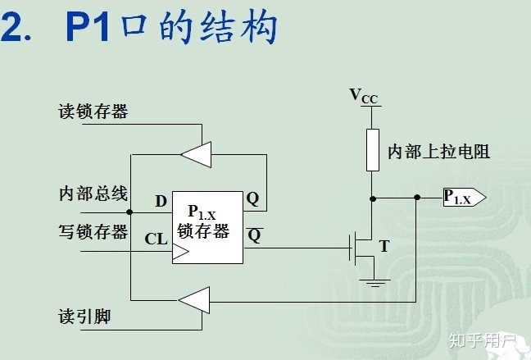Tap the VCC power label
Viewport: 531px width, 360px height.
pyautogui.click(x=364, y=97)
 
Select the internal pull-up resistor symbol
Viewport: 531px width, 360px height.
pyautogui.click(x=373, y=149)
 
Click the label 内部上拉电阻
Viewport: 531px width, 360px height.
pyautogui.click(x=438, y=153)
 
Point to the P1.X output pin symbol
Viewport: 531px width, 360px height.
pyautogui.click(x=464, y=197)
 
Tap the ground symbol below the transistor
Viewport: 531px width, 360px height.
pyautogui.click(x=374, y=283)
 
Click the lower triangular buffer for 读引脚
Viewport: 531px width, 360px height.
pyautogui.click(x=193, y=300)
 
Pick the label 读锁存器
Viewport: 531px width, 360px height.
pyautogui.click(x=93, y=112)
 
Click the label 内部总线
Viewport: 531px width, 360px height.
pyautogui.click(x=93, y=194)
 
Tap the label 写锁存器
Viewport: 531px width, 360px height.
pyautogui.click(x=93, y=232)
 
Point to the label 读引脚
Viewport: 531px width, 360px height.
pyautogui.click(x=84, y=315)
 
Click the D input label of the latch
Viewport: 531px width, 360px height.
pyautogui.click(x=160, y=201)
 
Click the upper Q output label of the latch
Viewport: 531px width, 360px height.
pyautogui.click(x=253, y=198)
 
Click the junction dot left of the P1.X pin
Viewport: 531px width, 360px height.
pyautogui.click(x=417, y=197)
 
